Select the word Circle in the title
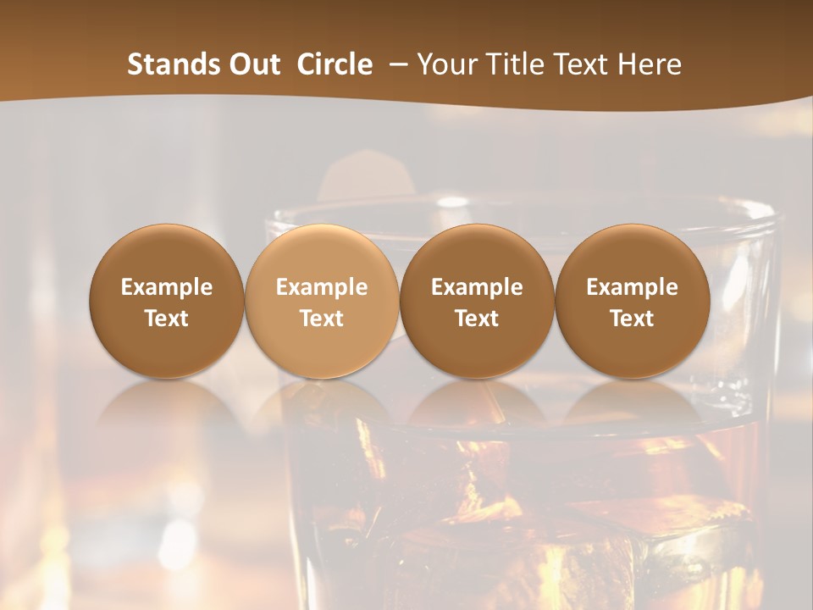(x=335, y=64)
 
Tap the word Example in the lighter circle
(x=322, y=287)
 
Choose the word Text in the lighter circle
(x=322, y=319)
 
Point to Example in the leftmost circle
(x=167, y=287)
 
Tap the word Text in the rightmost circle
(x=633, y=319)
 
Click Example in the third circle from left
(x=477, y=287)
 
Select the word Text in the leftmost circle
(x=167, y=319)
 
